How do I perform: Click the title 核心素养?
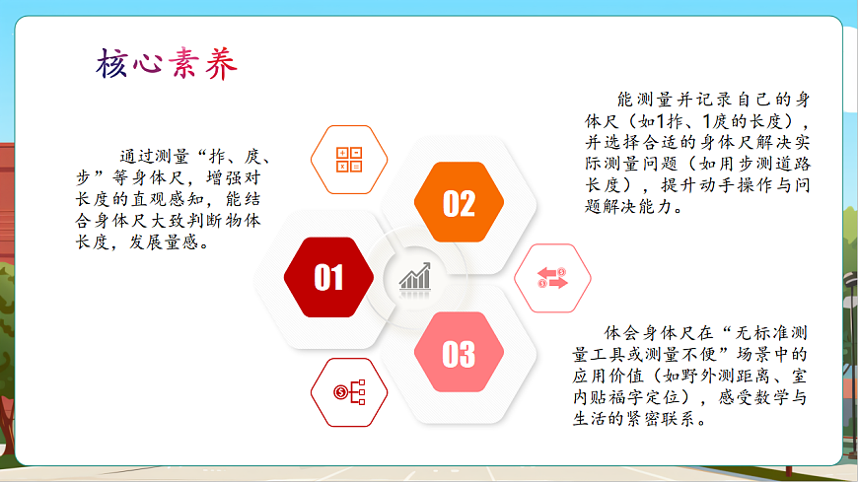click(167, 64)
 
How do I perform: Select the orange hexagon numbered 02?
click(459, 203)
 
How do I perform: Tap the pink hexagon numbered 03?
click(459, 354)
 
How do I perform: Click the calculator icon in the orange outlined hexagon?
click(349, 160)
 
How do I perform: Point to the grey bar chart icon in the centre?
click(415, 277)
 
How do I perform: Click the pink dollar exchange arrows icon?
click(553, 278)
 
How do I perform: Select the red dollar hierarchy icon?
click(349, 392)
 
